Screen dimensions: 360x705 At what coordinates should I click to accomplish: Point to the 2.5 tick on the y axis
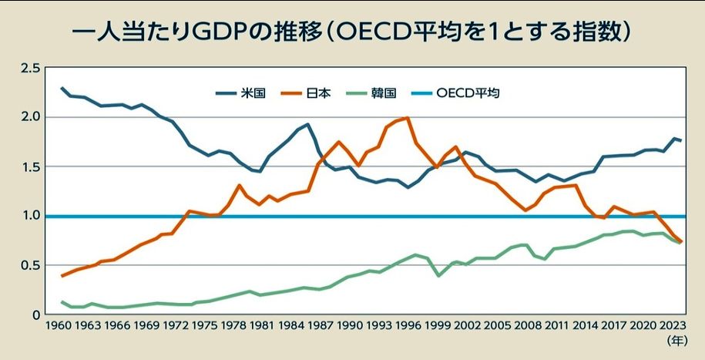pos(30,69)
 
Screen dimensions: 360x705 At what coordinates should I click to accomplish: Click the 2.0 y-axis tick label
pos(30,117)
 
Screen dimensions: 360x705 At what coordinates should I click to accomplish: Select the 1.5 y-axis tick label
pos(30,167)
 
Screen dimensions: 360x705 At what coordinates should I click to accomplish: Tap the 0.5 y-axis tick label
pos(30,265)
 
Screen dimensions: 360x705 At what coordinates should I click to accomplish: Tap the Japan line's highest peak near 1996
pos(407,118)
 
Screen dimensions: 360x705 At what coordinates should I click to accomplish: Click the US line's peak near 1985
pos(308,124)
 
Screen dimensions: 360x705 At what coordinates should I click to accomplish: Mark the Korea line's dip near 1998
pos(439,275)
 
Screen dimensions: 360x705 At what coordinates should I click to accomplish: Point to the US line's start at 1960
pos(62,88)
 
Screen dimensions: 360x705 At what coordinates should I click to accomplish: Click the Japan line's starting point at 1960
pos(62,275)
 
